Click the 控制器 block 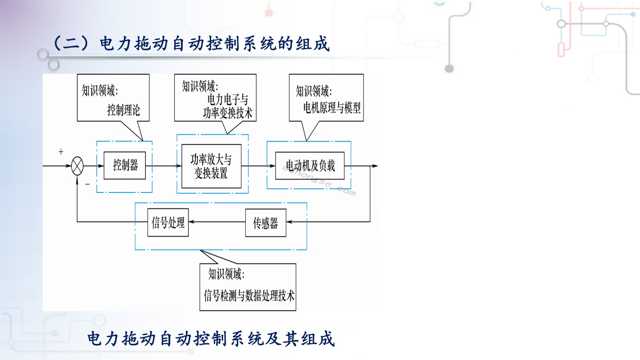coord(124,165)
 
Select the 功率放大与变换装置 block coord(212,166)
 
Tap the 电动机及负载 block coord(310,166)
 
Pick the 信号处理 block coord(168,223)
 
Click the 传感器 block coord(266,223)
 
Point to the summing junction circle coord(77,166)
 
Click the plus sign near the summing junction coord(61,152)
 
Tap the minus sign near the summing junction coord(88,184)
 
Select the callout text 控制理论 coord(124,110)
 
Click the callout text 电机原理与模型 coord(332,108)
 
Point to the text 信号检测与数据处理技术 coord(249,296)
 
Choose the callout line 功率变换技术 coord(228,113)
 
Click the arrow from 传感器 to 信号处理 coord(217,222)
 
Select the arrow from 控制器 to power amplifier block coord(164,165)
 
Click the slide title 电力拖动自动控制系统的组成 coord(192,44)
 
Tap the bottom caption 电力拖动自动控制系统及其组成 coord(211,339)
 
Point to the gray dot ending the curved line coord(449,68)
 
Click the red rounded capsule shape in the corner coord(561,50)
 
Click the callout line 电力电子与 coord(228,100)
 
